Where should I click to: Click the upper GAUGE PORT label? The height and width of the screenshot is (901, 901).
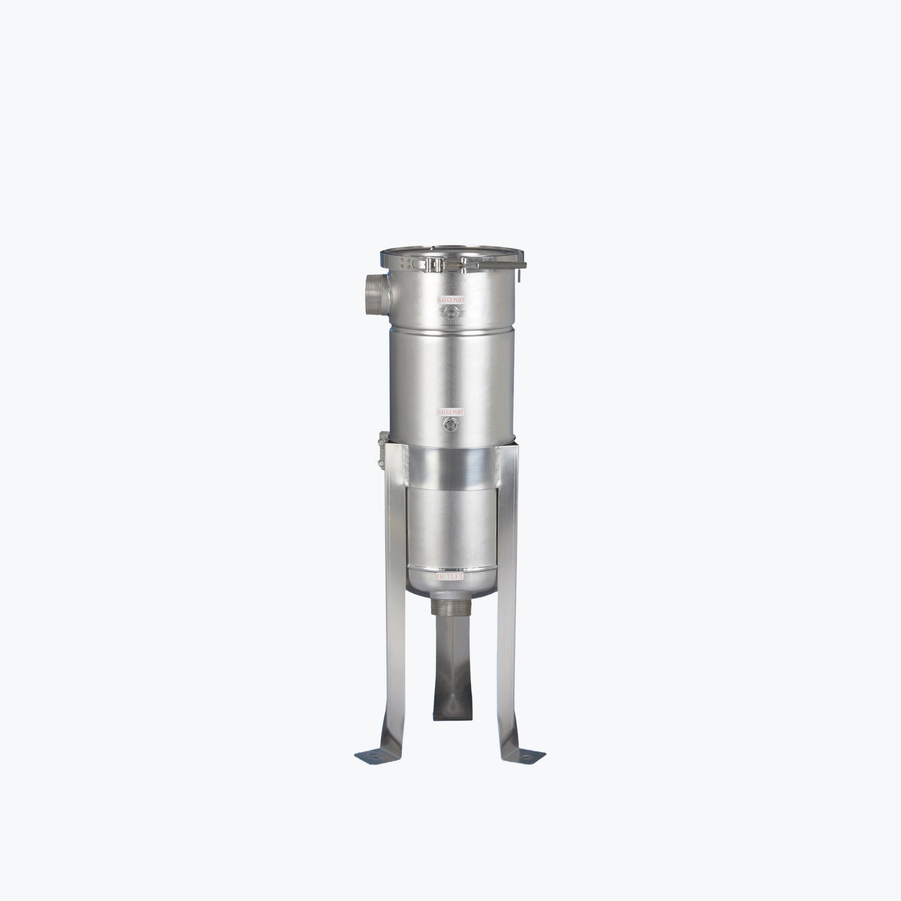pos(450,300)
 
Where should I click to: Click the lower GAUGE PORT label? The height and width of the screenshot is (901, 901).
pos(450,412)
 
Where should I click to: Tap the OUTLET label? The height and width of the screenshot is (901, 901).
pos(450,577)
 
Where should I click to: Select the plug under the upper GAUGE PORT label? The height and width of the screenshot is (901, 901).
pos(450,312)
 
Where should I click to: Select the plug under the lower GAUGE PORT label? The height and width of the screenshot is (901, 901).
pos(450,425)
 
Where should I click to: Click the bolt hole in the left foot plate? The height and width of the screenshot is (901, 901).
pos(376,753)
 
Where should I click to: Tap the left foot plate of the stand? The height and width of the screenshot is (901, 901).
pos(378,754)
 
